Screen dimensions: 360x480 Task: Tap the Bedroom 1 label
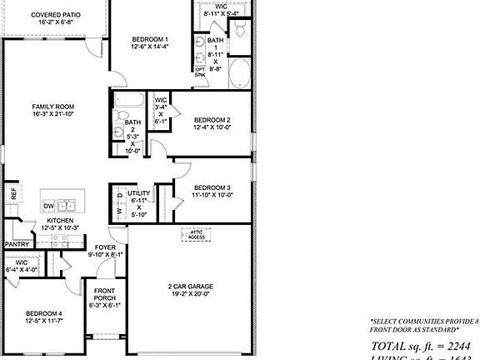tap(150, 40)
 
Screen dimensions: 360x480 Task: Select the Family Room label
tap(54, 107)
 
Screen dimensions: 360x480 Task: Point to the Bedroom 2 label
tap(211, 119)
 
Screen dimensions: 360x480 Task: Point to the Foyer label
tap(105, 247)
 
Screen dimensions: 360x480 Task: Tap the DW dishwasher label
tap(48, 205)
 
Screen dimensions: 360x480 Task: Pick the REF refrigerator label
tap(13, 192)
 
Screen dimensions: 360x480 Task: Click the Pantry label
tap(17, 244)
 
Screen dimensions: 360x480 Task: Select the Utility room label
tap(138, 193)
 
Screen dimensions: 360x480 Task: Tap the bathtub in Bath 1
tap(240, 73)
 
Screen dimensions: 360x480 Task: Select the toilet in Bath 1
tap(239, 31)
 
